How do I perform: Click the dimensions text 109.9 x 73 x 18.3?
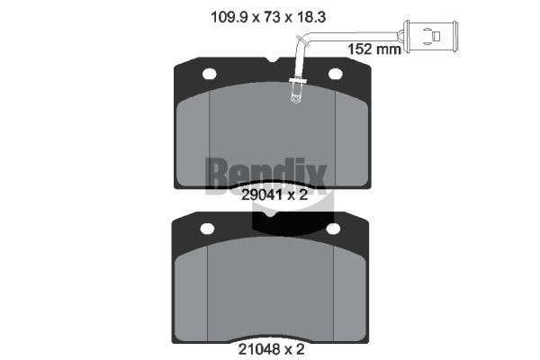coord(268,17)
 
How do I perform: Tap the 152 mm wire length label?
coord(374,49)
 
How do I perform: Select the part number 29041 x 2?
coord(274,195)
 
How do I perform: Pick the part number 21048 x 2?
coord(272,350)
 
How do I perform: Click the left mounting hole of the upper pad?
coord(210,74)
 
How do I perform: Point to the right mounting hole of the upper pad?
coord(336,74)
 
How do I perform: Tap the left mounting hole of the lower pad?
coord(207,229)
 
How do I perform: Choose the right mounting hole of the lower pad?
coord(333,229)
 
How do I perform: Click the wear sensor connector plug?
coord(430,36)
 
